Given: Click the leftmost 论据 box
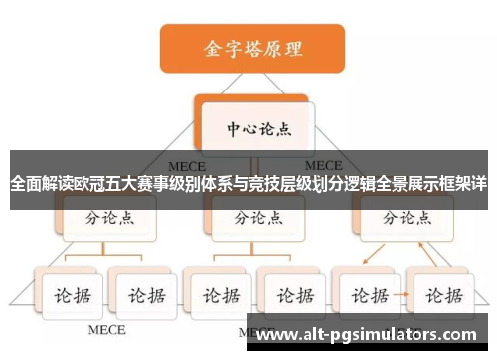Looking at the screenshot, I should [69, 294].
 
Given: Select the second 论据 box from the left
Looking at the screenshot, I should [140, 294].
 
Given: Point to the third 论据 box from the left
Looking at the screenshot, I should [217, 294].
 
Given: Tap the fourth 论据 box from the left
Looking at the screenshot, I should [290, 294].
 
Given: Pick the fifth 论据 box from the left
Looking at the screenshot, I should [367, 294].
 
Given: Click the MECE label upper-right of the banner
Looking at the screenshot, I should [323, 165].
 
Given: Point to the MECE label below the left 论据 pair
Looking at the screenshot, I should [107, 329].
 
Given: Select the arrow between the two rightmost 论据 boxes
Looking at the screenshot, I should [403, 295].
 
